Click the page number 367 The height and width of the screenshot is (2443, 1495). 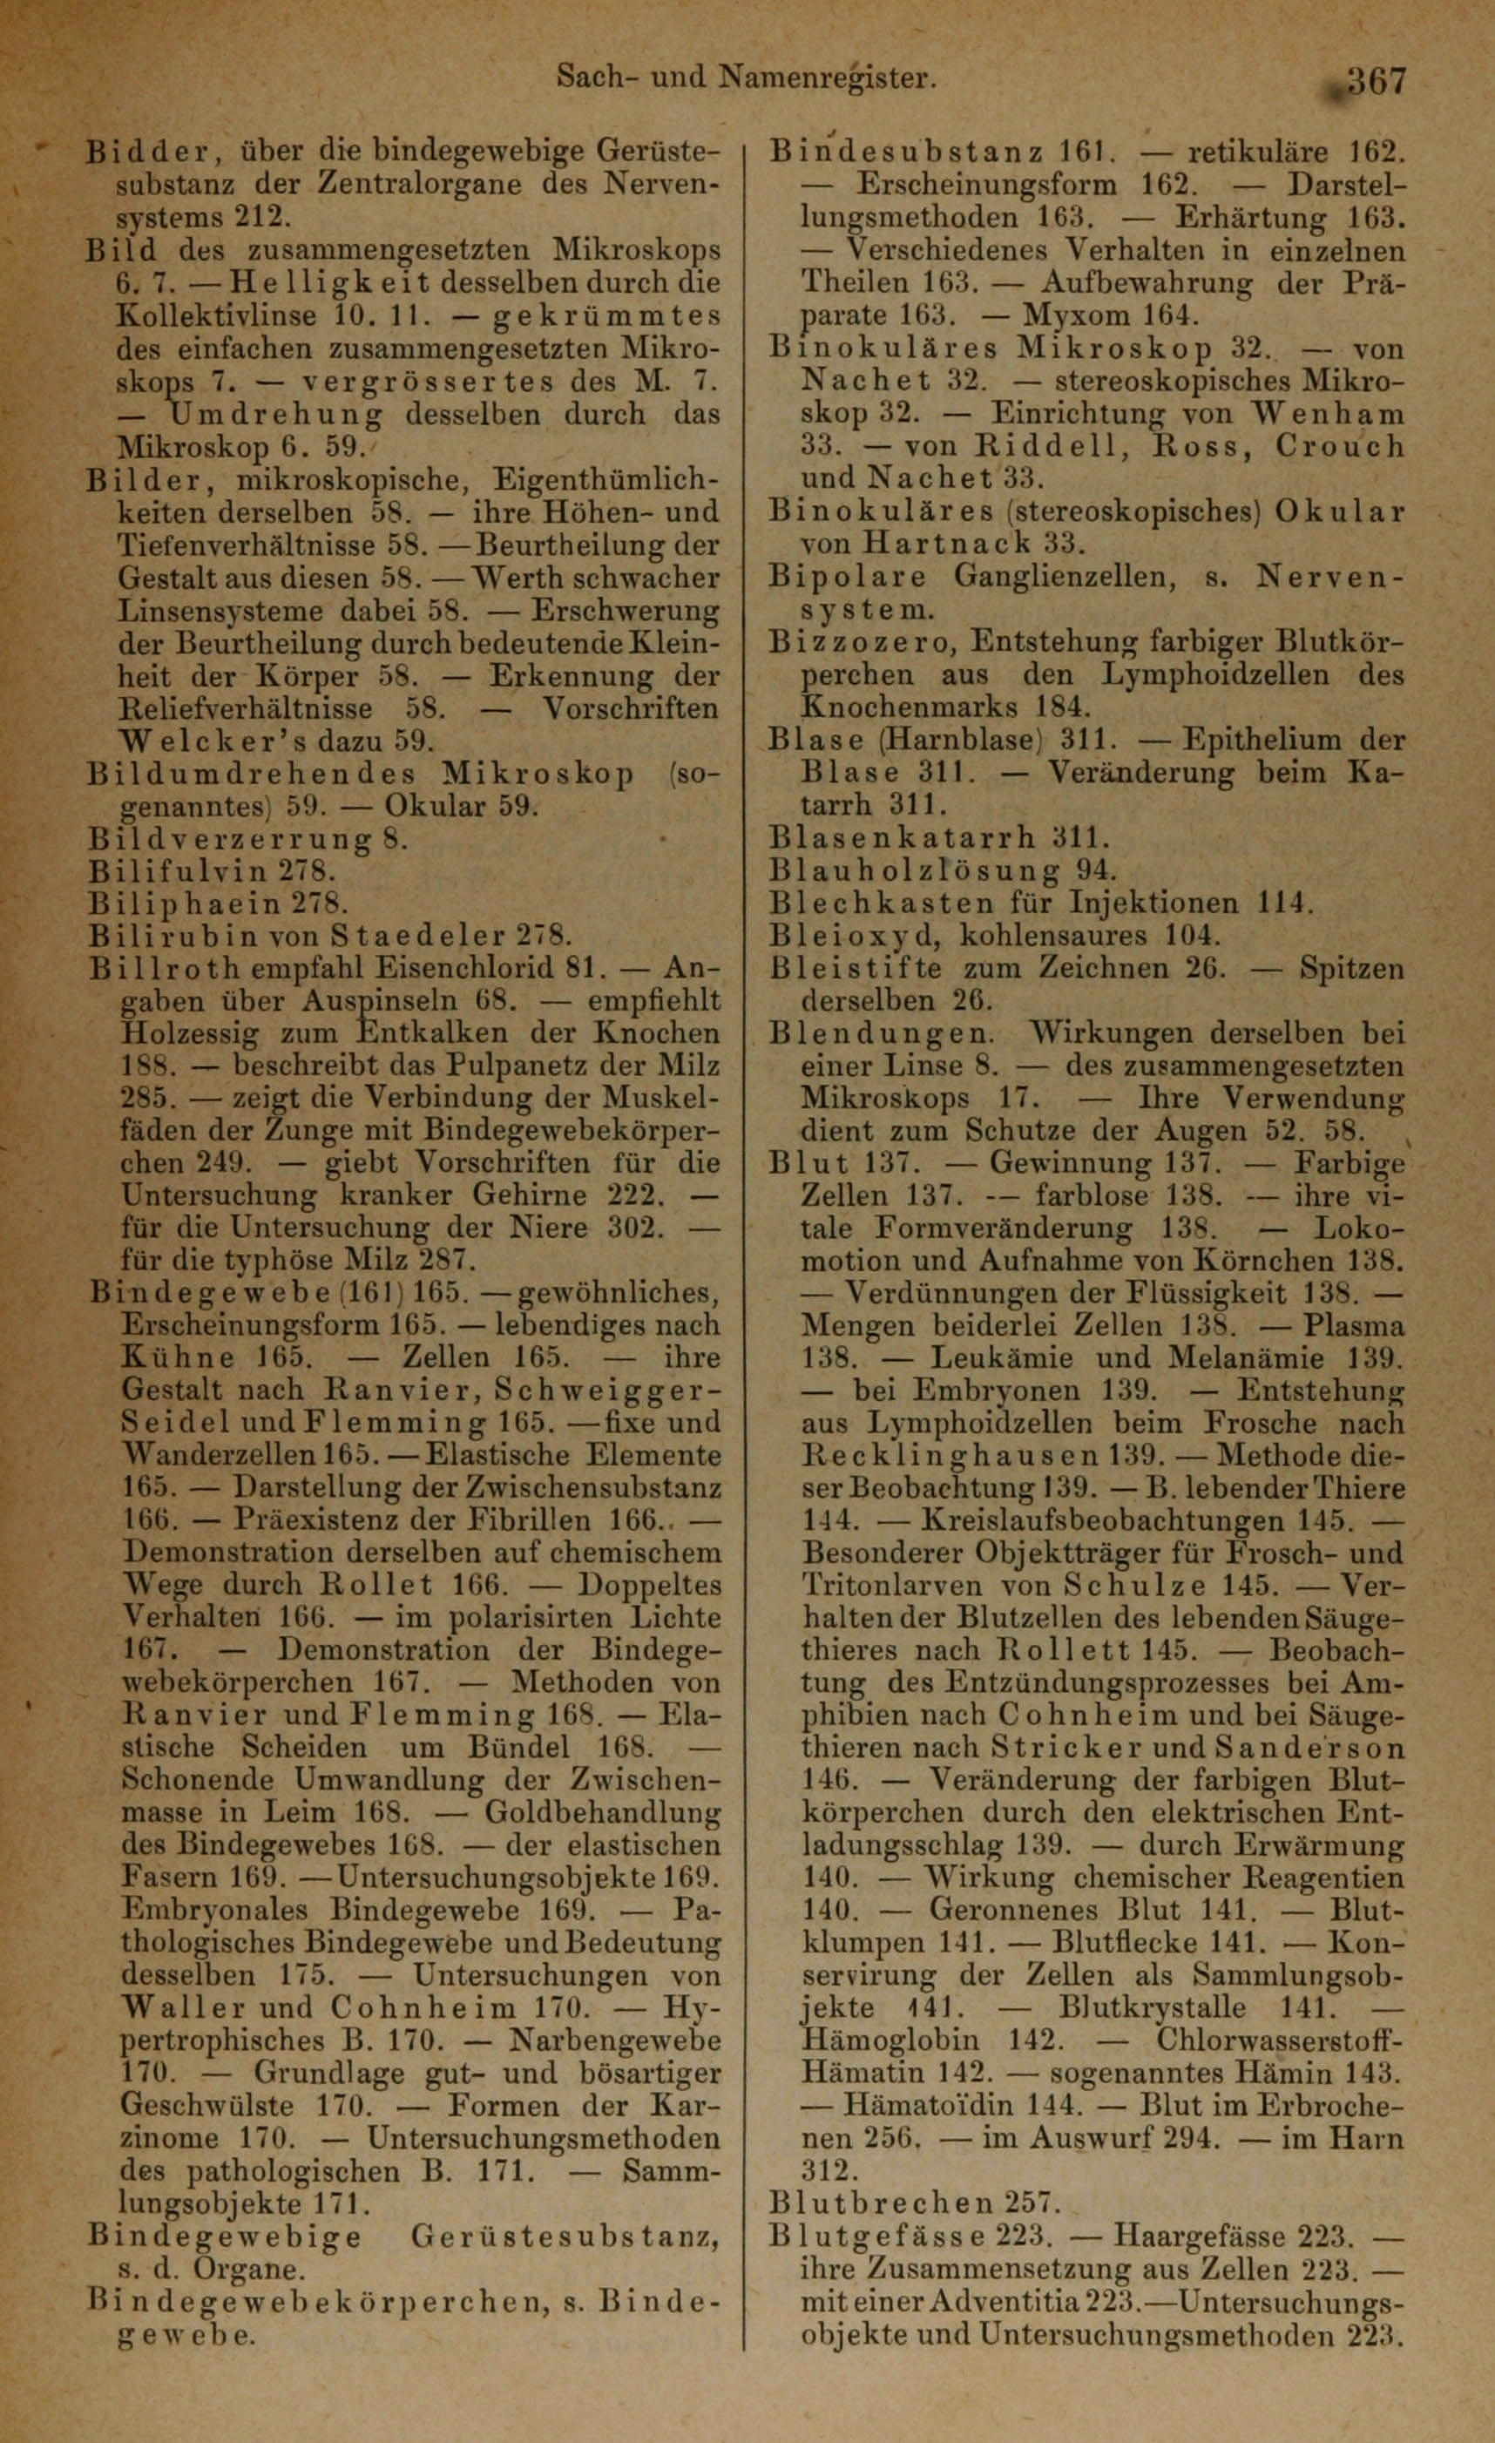(x=1372, y=80)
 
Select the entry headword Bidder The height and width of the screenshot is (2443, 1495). (x=145, y=152)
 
